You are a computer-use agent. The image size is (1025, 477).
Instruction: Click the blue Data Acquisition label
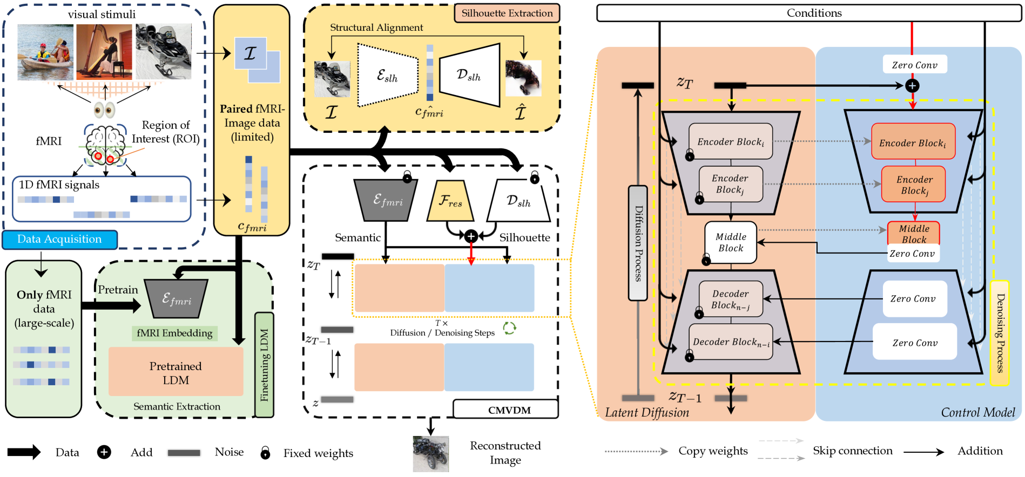(59, 240)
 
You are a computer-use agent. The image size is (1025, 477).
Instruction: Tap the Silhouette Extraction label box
(507, 13)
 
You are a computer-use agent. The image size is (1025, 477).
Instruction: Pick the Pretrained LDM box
(176, 372)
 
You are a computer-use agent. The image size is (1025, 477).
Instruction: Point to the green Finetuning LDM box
(264, 365)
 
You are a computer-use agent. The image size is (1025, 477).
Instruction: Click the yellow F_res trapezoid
(450, 201)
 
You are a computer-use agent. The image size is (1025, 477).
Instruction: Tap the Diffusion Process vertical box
(638, 243)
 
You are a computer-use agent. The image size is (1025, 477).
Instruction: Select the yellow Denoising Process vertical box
(1000, 332)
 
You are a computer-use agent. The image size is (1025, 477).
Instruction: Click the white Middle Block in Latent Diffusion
(731, 242)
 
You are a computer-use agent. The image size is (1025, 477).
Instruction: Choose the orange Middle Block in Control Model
(914, 234)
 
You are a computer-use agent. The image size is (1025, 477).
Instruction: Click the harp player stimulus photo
(104, 52)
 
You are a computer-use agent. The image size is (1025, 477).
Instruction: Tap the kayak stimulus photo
(45, 52)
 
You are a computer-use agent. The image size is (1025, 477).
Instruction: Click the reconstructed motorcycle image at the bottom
(430, 454)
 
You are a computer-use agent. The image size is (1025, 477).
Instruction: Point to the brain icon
(105, 144)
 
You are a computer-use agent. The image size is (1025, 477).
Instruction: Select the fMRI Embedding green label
(174, 333)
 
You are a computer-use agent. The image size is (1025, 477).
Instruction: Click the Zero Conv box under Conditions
(914, 65)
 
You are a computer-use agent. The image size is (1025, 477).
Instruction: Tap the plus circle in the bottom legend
(104, 452)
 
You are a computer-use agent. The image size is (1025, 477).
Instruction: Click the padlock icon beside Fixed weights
(265, 453)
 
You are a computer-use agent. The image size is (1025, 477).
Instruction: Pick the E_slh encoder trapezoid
(388, 76)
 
